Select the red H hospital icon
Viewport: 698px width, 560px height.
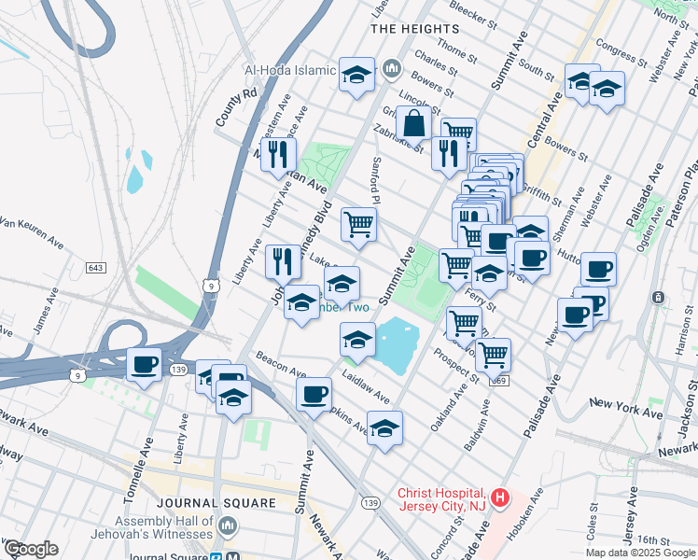click(500, 498)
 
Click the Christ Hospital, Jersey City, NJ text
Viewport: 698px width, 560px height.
click(440, 499)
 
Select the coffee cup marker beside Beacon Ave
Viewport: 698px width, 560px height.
click(314, 393)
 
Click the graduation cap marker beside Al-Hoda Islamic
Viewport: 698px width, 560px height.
click(356, 74)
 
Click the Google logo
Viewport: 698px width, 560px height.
click(31, 548)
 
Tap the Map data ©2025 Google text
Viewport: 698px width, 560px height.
click(639, 553)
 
